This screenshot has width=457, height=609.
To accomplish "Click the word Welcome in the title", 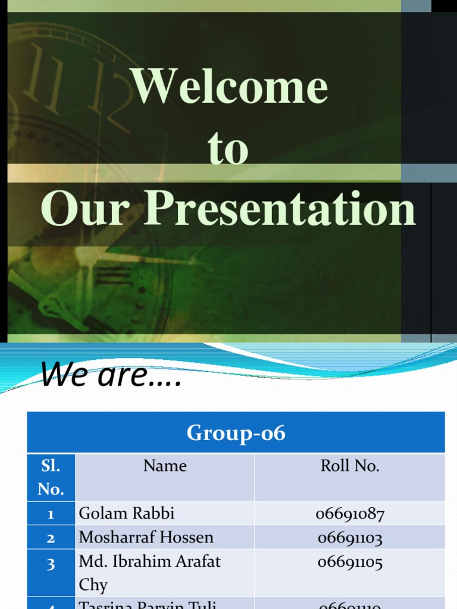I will click(x=230, y=87).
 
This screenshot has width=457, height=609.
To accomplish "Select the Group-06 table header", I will click(x=236, y=433).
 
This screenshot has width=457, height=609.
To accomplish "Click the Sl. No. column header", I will click(x=51, y=477).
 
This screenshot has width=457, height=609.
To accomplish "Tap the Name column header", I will click(x=165, y=466).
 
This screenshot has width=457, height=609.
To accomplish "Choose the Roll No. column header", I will click(x=350, y=466).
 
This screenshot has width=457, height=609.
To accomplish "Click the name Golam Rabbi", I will click(x=127, y=513).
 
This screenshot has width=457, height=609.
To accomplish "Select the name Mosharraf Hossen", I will click(x=146, y=537).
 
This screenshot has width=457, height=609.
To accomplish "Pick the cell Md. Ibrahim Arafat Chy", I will click(x=149, y=572).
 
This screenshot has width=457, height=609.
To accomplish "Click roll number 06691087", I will click(x=350, y=514).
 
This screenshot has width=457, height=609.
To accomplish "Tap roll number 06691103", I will click(x=350, y=538).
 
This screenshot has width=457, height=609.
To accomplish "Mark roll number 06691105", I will click(x=350, y=561).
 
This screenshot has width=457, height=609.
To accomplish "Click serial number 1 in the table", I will click(x=51, y=514).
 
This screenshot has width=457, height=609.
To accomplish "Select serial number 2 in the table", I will click(x=51, y=538).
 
